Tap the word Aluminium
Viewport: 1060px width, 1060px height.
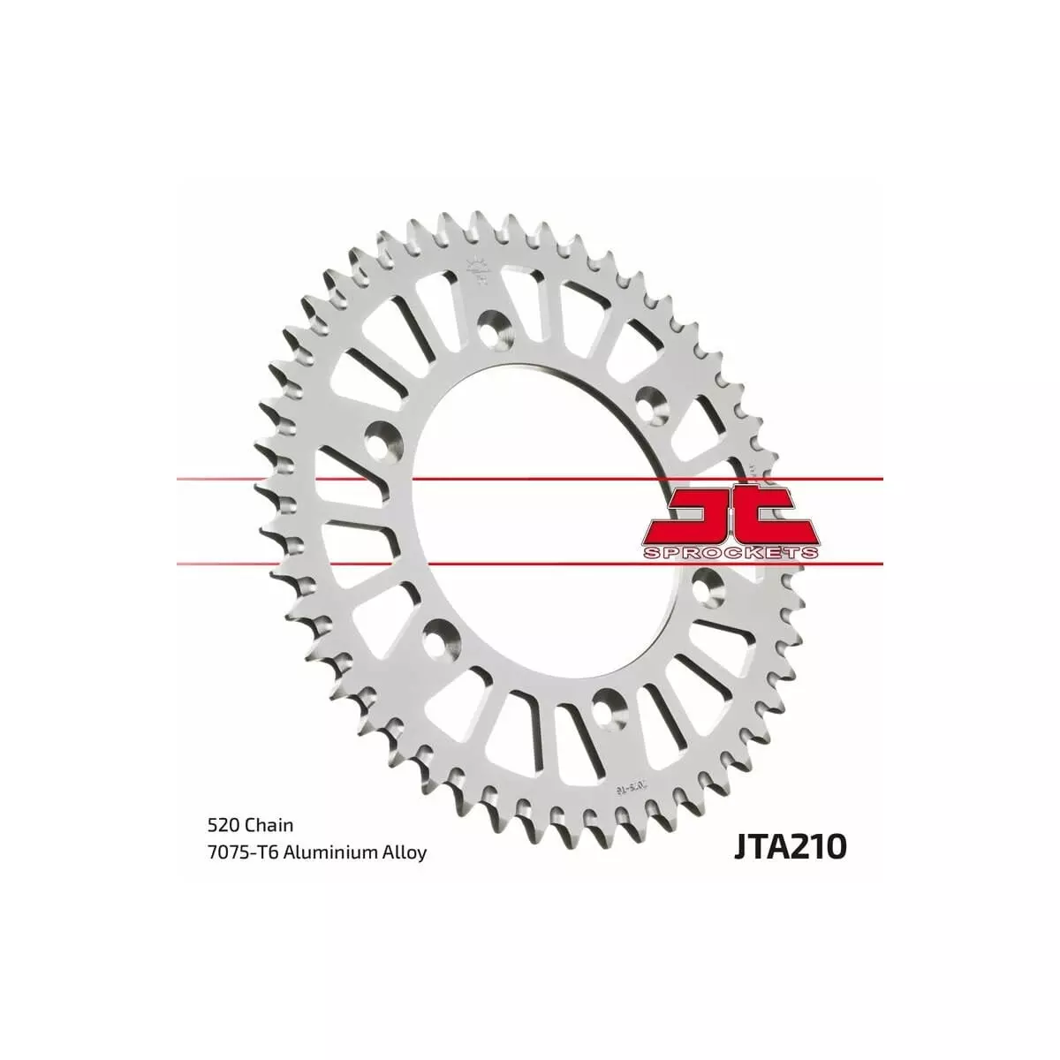329,852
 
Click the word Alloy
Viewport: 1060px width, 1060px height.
406,852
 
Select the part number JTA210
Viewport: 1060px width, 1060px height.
789,846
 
